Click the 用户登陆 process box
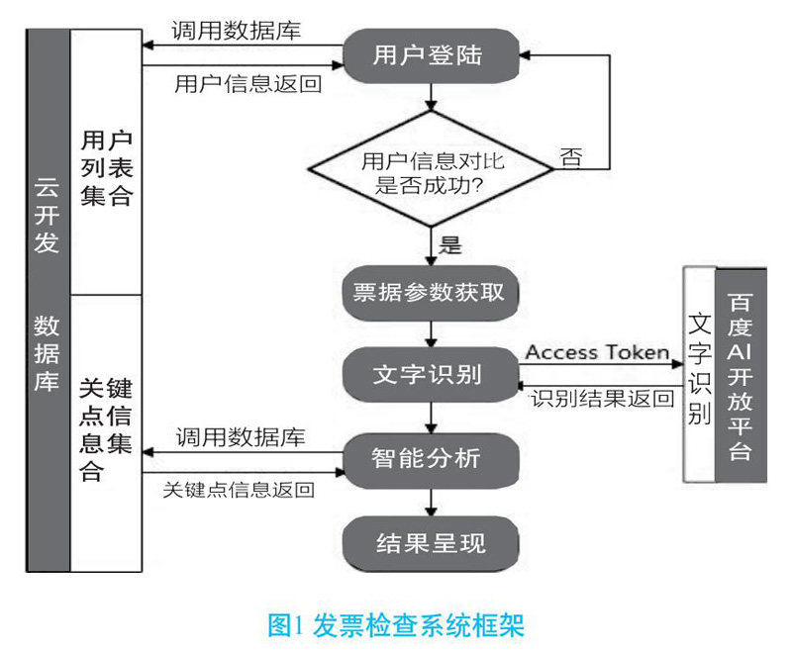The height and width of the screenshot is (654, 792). click(429, 55)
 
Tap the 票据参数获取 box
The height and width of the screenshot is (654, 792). click(430, 293)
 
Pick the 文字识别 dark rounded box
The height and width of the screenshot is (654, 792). click(430, 375)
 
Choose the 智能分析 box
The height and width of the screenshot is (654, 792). click(430, 457)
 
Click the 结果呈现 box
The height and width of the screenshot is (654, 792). click(430, 542)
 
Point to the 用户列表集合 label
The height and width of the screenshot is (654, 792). click(106, 166)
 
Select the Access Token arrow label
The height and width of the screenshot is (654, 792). click(597, 352)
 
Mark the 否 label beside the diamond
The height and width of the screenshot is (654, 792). click(571, 157)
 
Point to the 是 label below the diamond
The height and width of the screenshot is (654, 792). click(449, 243)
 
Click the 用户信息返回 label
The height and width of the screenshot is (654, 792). click(247, 83)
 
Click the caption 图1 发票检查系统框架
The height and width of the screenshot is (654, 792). click(396, 624)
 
